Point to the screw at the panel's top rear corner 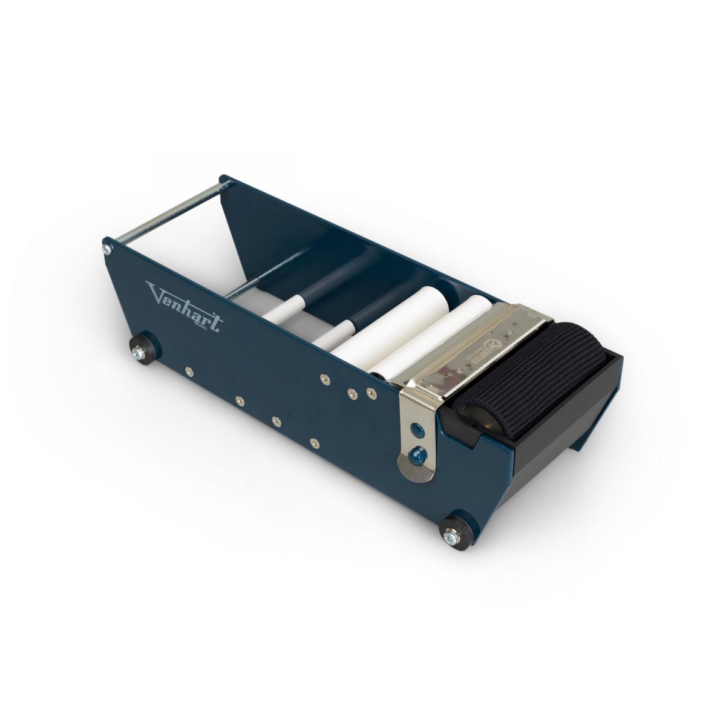[107, 249]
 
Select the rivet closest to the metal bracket [368, 394]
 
